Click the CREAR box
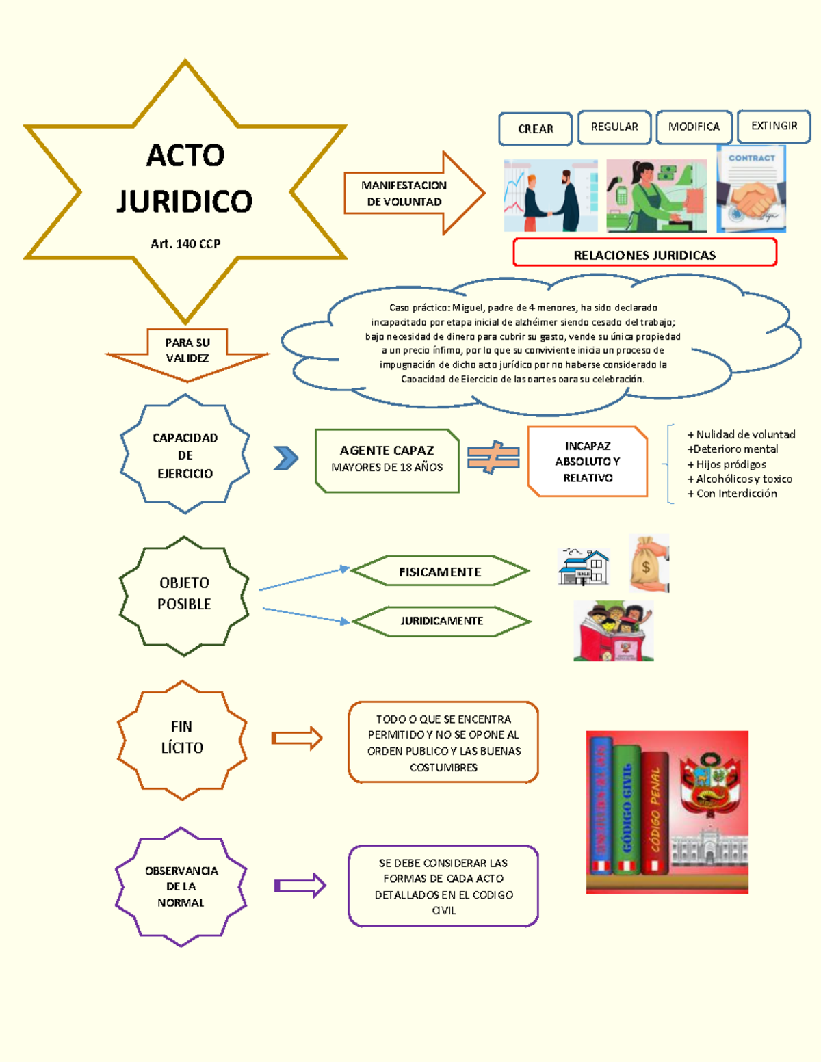[535, 129]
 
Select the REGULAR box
[614, 127]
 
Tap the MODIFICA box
[694, 127]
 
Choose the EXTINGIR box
[774, 126]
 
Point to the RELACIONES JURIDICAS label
[644, 254]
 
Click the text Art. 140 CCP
[185, 243]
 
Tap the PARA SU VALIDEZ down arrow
[187, 351]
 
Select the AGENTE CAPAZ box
[387, 460]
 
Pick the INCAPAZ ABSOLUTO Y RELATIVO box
[587, 462]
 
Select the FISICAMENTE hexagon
[440, 572]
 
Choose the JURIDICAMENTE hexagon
[441, 621]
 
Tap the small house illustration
[584, 567]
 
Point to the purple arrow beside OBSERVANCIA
[300, 886]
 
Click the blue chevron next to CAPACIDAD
[285, 457]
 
